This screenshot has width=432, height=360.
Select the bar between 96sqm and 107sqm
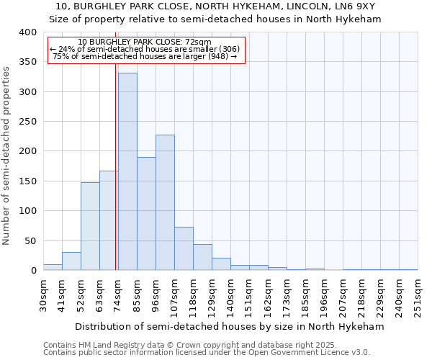[x=165, y=202]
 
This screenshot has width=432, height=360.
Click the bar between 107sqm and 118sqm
[x=184, y=248]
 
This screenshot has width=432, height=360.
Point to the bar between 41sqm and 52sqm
[x=71, y=261]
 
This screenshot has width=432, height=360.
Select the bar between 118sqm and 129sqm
[x=202, y=257]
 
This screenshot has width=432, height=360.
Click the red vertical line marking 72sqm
[x=115, y=166]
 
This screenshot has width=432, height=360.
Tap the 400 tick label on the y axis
[x=28, y=32]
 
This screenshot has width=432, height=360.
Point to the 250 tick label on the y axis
[x=28, y=122]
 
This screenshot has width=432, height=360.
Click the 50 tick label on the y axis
[x=31, y=240]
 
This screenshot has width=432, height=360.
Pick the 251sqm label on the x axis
[x=418, y=294]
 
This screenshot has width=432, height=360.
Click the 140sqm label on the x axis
[x=231, y=294]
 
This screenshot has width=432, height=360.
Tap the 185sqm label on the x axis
[x=306, y=294]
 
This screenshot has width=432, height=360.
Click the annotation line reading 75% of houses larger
[x=145, y=56]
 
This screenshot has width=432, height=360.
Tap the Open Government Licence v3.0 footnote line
[x=207, y=352]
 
